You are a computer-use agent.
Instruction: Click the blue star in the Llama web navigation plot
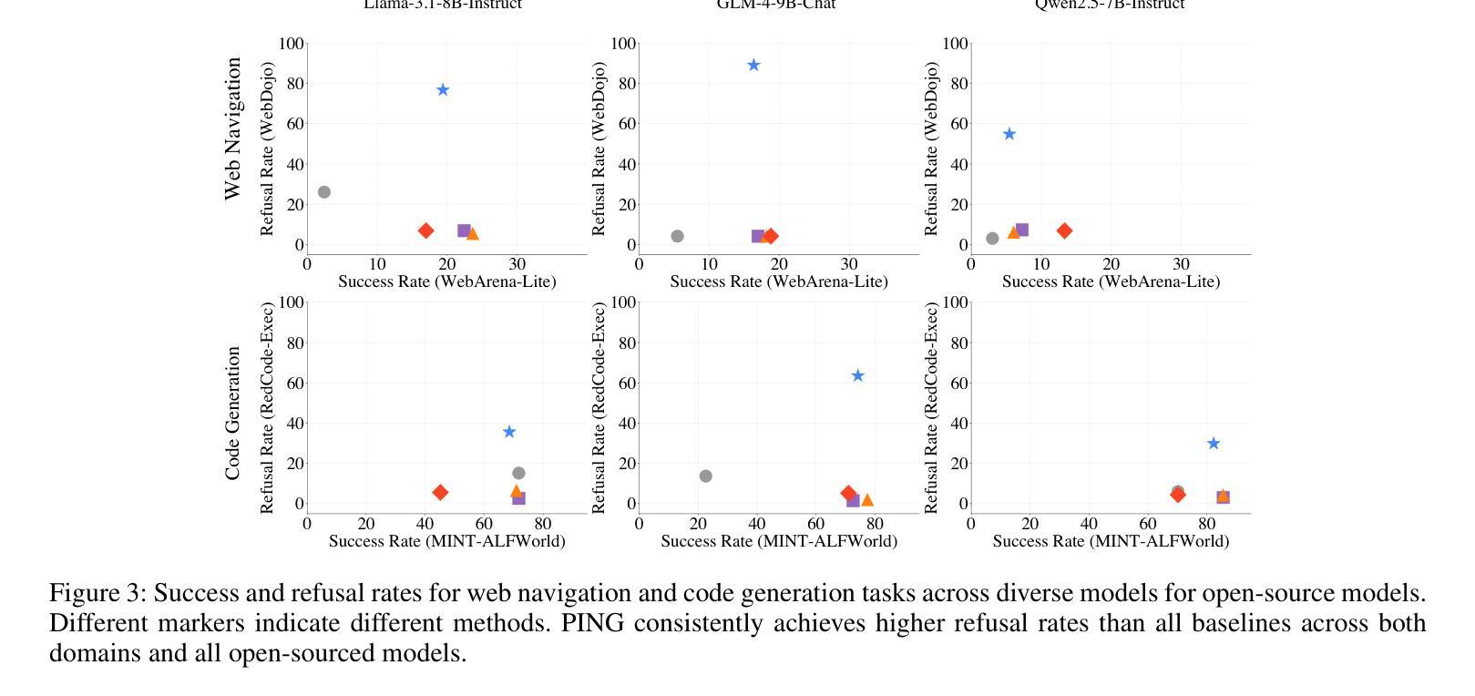[443, 90]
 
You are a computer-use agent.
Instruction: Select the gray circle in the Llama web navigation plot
[324, 192]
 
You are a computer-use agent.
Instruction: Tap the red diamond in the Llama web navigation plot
[425, 230]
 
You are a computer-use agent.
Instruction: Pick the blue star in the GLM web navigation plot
[753, 66]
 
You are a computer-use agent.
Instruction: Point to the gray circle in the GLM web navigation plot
[677, 236]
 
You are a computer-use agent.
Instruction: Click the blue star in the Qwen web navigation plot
[1009, 134]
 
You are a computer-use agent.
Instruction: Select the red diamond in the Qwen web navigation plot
[1064, 230]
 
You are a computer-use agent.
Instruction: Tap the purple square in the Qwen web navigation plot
[1022, 230]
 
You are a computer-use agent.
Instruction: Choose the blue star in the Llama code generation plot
[509, 432]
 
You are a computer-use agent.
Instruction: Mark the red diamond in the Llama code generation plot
[440, 492]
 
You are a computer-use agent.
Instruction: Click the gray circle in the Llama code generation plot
[518, 473]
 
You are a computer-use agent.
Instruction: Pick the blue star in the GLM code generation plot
[857, 375]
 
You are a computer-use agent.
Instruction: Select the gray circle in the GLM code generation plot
[706, 476]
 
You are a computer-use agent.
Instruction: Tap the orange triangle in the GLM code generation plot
[867, 499]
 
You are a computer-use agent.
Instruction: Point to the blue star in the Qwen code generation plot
[1214, 444]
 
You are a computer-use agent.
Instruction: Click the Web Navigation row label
[233, 128]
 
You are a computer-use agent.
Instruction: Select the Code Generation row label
[233, 413]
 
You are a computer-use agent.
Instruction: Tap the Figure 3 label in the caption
[97, 593]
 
